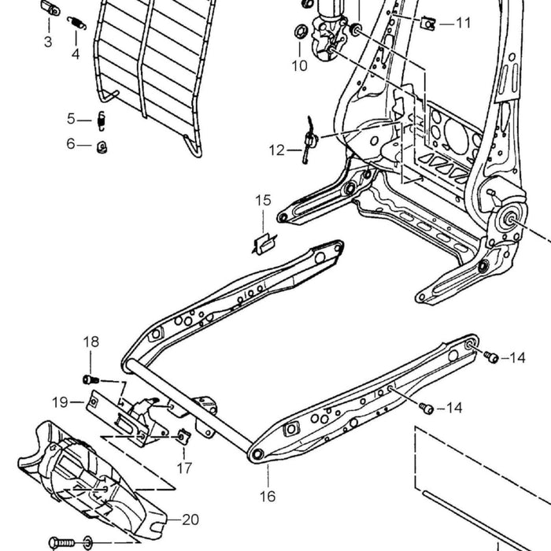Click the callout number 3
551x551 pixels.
(48, 42)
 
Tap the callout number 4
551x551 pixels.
(76, 54)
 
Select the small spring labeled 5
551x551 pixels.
(102, 121)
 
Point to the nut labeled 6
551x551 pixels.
(102, 147)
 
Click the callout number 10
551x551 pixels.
(299, 65)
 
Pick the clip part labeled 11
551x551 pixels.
(428, 24)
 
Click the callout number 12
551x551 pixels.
(276, 150)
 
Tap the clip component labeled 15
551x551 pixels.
(264, 244)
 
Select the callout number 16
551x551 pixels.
(268, 496)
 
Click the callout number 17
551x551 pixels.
(184, 468)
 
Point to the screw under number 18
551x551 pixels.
(91, 380)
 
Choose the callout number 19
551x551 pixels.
(60, 402)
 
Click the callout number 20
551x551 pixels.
(190, 520)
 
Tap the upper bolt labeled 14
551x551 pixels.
(491, 357)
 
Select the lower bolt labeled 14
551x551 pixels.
(427, 409)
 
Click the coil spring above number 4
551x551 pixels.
(76, 23)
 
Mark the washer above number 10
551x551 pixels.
(300, 32)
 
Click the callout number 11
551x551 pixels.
(463, 23)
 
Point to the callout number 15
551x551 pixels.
(263, 200)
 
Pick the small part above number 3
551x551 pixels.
(50, 8)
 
